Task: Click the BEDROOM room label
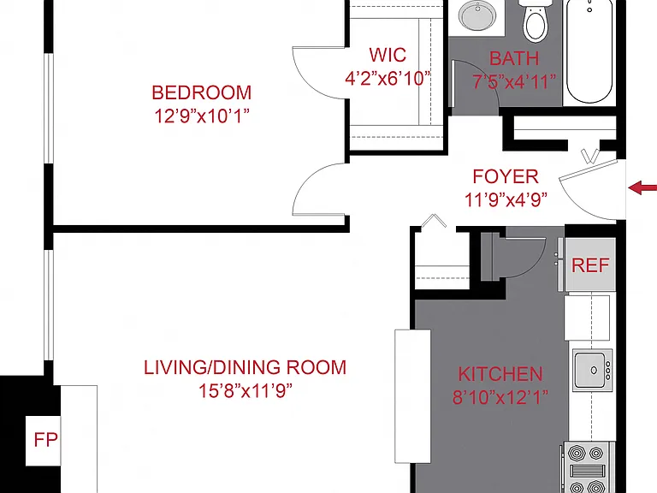tap(202, 92)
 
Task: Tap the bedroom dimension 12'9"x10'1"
tap(202, 116)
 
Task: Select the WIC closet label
tap(388, 55)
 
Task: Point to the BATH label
tap(514, 58)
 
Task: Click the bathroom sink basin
tap(477, 15)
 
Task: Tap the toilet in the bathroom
tap(536, 21)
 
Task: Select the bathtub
tap(589, 51)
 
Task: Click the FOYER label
tap(506, 176)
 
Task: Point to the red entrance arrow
tap(642, 187)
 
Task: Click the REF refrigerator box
tap(590, 264)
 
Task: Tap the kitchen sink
tap(593, 370)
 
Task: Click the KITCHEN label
tap(500, 374)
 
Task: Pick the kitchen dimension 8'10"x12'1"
tap(500, 397)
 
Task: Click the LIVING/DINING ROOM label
tap(246, 368)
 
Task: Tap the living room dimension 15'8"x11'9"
tap(246, 390)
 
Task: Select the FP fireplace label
tap(45, 440)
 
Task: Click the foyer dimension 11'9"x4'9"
tap(506, 200)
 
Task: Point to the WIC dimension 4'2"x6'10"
tap(388, 79)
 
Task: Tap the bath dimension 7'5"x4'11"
tap(514, 82)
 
